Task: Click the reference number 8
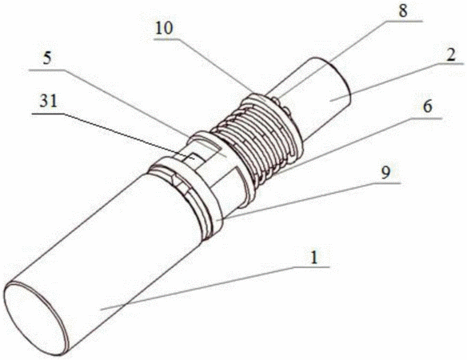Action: pos(403,11)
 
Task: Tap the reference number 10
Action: pos(164,29)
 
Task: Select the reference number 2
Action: pos(451,55)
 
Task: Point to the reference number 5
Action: pos(47,58)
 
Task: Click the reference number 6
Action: pos(428,106)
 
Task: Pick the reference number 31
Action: pos(49,102)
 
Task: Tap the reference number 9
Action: pos(385,172)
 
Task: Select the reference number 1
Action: pos(314,257)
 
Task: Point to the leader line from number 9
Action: pos(309,201)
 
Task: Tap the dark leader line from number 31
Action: pos(114,136)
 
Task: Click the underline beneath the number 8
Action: pos(403,21)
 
